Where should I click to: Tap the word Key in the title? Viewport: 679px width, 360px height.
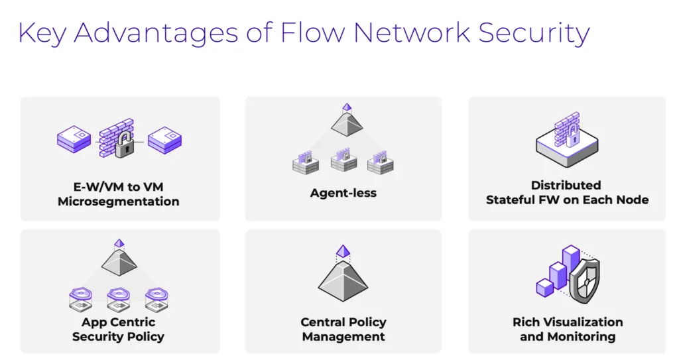(40, 33)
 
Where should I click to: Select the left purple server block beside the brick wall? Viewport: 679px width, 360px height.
(74, 139)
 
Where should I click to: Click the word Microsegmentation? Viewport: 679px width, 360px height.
(118, 201)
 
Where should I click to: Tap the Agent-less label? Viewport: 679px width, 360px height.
(343, 194)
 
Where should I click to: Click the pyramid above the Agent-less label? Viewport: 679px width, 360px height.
(345, 123)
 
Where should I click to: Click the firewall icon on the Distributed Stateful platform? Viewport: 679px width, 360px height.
(567, 128)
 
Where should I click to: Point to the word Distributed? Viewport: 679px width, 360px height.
(566, 185)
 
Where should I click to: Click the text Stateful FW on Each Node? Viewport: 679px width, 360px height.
(567, 200)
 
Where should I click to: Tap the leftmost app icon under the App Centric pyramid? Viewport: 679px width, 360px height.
(81, 299)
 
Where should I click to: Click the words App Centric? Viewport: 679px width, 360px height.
(118, 322)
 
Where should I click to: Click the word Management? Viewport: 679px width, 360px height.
(343, 337)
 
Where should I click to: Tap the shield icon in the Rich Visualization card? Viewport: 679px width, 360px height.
(584, 279)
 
